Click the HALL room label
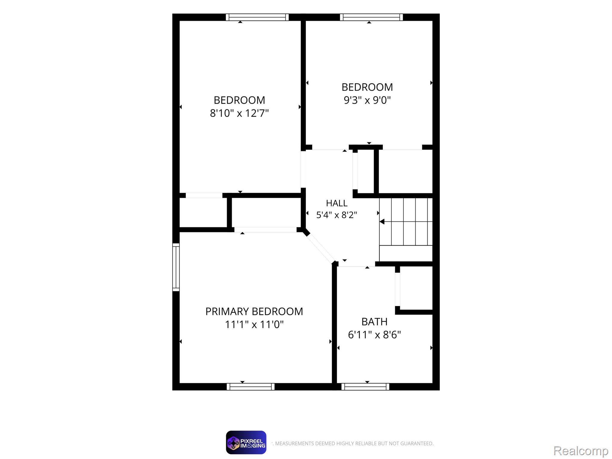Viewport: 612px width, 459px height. (336, 203)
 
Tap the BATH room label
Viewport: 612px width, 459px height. (374, 322)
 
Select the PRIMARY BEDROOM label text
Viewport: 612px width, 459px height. (254, 312)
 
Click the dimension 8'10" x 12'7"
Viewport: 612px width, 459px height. (239, 113)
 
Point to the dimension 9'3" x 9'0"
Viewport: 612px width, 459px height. (367, 100)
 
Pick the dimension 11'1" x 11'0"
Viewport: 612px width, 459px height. (254, 325)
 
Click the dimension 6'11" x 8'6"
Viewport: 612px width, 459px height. (374, 335)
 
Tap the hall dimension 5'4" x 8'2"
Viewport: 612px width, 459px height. (336, 215)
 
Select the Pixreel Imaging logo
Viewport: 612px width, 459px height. (246, 443)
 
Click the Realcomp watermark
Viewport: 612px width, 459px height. (581, 451)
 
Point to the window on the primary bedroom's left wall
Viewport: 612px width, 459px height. (176, 267)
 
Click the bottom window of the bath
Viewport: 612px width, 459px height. (365, 387)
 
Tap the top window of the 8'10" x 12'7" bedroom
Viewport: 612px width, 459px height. (257, 17)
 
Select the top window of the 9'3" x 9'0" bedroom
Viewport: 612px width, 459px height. (371, 17)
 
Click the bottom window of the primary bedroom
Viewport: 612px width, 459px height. (251, 387)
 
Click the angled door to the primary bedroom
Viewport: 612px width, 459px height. (320, 248)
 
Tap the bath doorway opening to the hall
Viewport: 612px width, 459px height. (357, 265)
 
